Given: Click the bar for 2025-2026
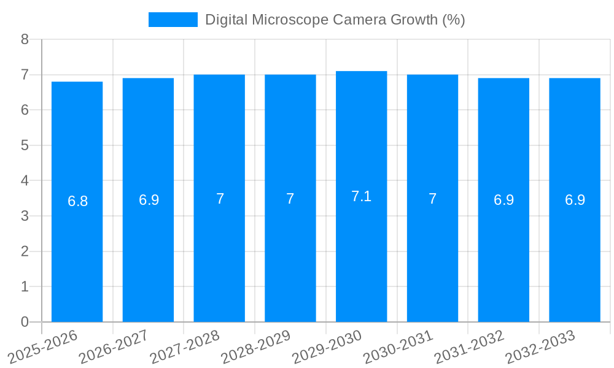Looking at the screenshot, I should [x=77, y=245].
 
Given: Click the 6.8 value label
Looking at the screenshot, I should [x=77, y=201].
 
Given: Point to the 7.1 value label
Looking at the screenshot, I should [x=361, y=196].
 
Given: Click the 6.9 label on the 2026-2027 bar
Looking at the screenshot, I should [x=149, y=200].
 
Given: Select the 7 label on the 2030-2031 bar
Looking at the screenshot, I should [x=432, y=199].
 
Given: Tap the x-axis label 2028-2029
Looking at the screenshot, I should [x=256, y=347].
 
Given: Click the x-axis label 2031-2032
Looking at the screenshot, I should [x=470, y=347].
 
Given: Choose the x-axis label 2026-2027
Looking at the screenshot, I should [x=114, y=347].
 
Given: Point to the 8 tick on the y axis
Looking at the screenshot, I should [x=25, y=40].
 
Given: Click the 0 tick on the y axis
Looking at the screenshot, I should [x=25, y=322].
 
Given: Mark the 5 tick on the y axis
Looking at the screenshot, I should [x=25, y=146].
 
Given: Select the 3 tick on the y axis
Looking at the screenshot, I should [x=25, y=217].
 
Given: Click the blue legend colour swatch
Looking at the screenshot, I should [x=173, y=20].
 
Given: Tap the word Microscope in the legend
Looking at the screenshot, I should [x=291, y=20].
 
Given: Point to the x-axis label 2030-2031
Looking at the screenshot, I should [x=398, y=347].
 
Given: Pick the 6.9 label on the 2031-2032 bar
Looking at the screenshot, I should [x=503, y=200].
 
